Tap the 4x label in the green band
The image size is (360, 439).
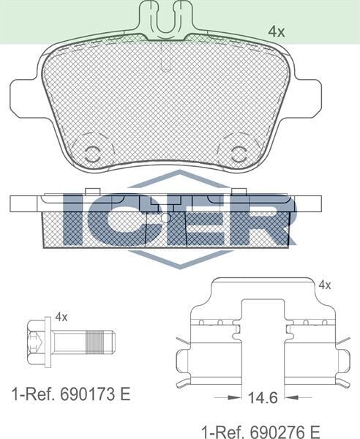coord(276,31)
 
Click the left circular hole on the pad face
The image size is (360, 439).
coord(92,153)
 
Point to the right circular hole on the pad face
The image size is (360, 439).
coord(239,153)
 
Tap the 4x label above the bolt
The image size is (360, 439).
coord(61,317)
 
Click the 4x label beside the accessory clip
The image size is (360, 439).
coord(325,285)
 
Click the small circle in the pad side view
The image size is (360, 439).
coord(165,217)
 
